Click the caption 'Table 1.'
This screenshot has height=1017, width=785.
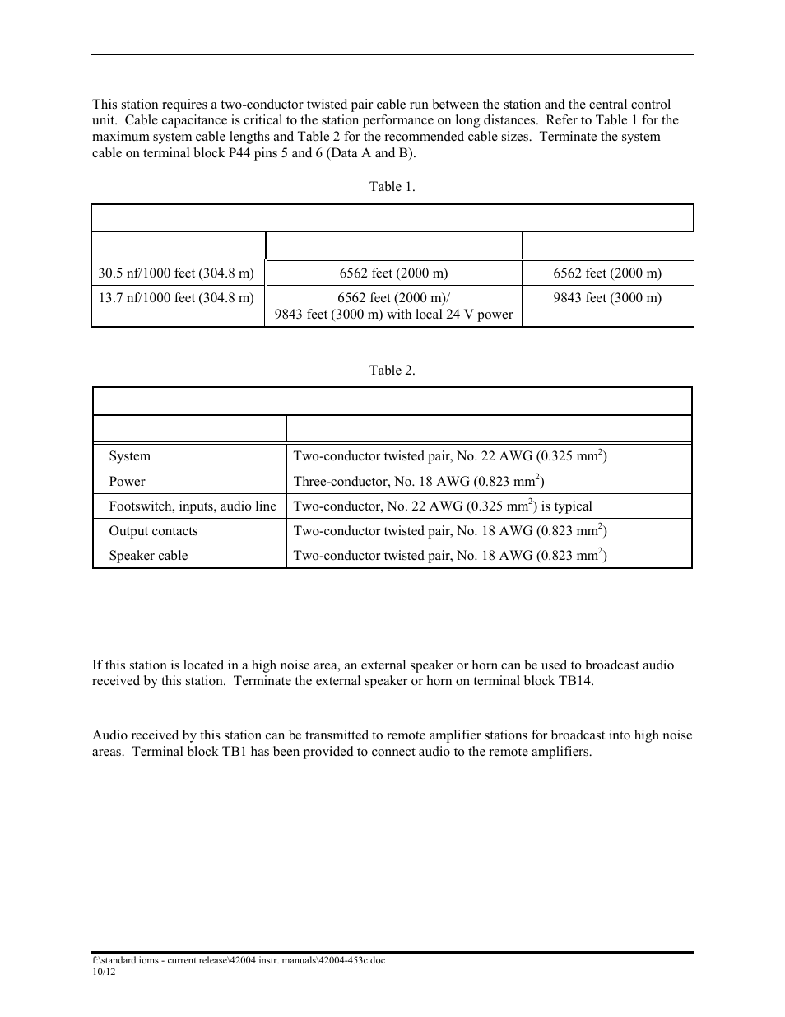tap(392, 187)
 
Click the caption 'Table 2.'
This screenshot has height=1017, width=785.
tap(392, 371)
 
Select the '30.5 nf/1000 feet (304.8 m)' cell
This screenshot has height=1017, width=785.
tap(176, 273)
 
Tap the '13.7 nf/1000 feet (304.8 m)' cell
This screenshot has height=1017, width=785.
tap(176, 298)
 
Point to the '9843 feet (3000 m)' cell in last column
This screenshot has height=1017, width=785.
tap(607, 298)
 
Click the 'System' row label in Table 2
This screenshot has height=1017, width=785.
tap(129, 456)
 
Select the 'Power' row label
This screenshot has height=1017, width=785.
tap(127, 482)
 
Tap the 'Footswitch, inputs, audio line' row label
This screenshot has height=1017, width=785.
tap(193, 506)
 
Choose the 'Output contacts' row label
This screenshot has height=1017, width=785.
tap(153, 531)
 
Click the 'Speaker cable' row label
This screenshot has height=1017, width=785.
tap(148, 556)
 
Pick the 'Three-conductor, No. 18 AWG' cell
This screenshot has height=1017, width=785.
tap(419, 482)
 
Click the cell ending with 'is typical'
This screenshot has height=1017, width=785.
tap(443, 506)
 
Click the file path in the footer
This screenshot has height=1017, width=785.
tap(238, 961)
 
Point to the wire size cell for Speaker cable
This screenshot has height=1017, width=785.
tap(450, 556)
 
